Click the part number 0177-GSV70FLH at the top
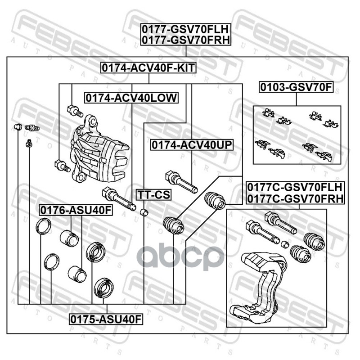point(185,29)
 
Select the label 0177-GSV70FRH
point(186,40)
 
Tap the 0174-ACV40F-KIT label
point(148,68)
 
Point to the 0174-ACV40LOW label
point(131,98)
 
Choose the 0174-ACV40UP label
point(192,145)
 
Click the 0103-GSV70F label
point(296,87)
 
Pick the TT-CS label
point(153,195)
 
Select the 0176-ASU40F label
point(76,210)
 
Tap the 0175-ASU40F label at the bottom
point(106,319)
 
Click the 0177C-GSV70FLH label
point(295,187)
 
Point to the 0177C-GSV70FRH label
point(295,198)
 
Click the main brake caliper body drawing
point(99,150)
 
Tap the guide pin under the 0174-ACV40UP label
point(181,182)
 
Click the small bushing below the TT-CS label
point(144,212)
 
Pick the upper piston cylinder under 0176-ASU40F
point(69,238)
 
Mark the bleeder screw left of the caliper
point(32,127)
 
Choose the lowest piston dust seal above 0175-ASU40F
point(104,288)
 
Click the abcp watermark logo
point(181,257)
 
